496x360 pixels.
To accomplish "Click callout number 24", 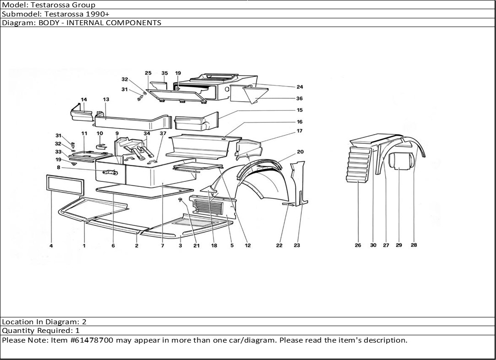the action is tap(300, 87).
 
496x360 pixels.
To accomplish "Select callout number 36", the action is tap(299, 98).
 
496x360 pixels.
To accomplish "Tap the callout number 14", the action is tap(84, 99).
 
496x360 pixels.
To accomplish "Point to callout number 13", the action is tap(106, 99).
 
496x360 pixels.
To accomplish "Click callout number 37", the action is tap(163, 133).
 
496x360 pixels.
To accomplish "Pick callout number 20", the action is tap(300, 152).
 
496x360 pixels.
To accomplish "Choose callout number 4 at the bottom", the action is tap(51, 245).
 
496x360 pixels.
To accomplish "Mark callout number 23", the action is tap(297, 245).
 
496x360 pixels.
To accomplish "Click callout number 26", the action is tap(358, 245).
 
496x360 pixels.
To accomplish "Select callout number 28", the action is tap(414, 245).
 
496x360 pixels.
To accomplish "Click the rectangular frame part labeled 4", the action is tap(65, 185).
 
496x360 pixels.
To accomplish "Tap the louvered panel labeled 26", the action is tap(359, 164).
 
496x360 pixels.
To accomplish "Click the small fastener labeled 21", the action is tap(180, 199).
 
